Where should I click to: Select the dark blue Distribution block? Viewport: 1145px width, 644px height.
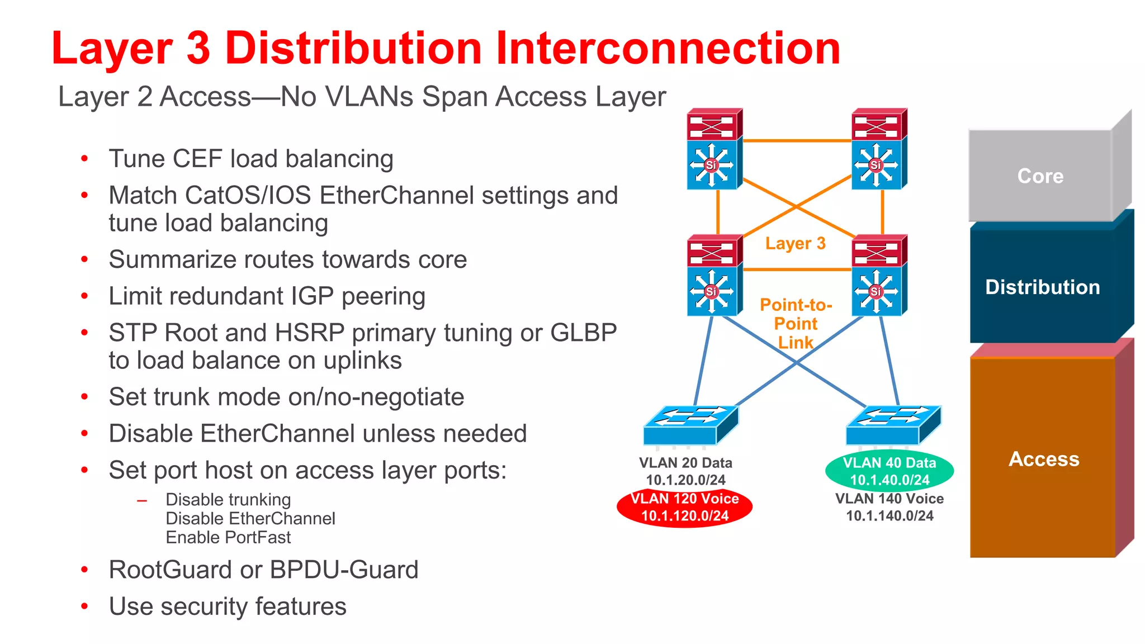(1042, 287)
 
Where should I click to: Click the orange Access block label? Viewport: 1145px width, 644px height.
(1044, 459)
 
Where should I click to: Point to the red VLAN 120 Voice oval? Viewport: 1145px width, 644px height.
(684, 507)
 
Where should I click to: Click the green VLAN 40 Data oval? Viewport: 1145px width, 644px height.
(889, 471)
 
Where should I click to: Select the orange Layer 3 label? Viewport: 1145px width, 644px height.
(795, 243)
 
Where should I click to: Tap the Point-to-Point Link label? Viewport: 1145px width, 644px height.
(796, 324)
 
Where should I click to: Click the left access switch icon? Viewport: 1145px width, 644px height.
(690, 425)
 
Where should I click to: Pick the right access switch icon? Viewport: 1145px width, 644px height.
(893, 425)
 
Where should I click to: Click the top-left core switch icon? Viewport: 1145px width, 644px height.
(714, 149)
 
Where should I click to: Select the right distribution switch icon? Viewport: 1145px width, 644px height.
(878, 276)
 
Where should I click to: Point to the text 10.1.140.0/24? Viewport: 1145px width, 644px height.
(889, 515)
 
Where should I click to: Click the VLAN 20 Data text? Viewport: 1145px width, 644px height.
(685, 463)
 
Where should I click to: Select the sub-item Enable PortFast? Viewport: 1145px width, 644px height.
(228, 537)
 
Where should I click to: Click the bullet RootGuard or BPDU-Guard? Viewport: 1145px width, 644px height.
(263, 570)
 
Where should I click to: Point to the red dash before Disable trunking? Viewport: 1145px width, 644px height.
(142, 500)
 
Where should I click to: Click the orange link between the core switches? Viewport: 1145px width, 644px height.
(797, 141)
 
